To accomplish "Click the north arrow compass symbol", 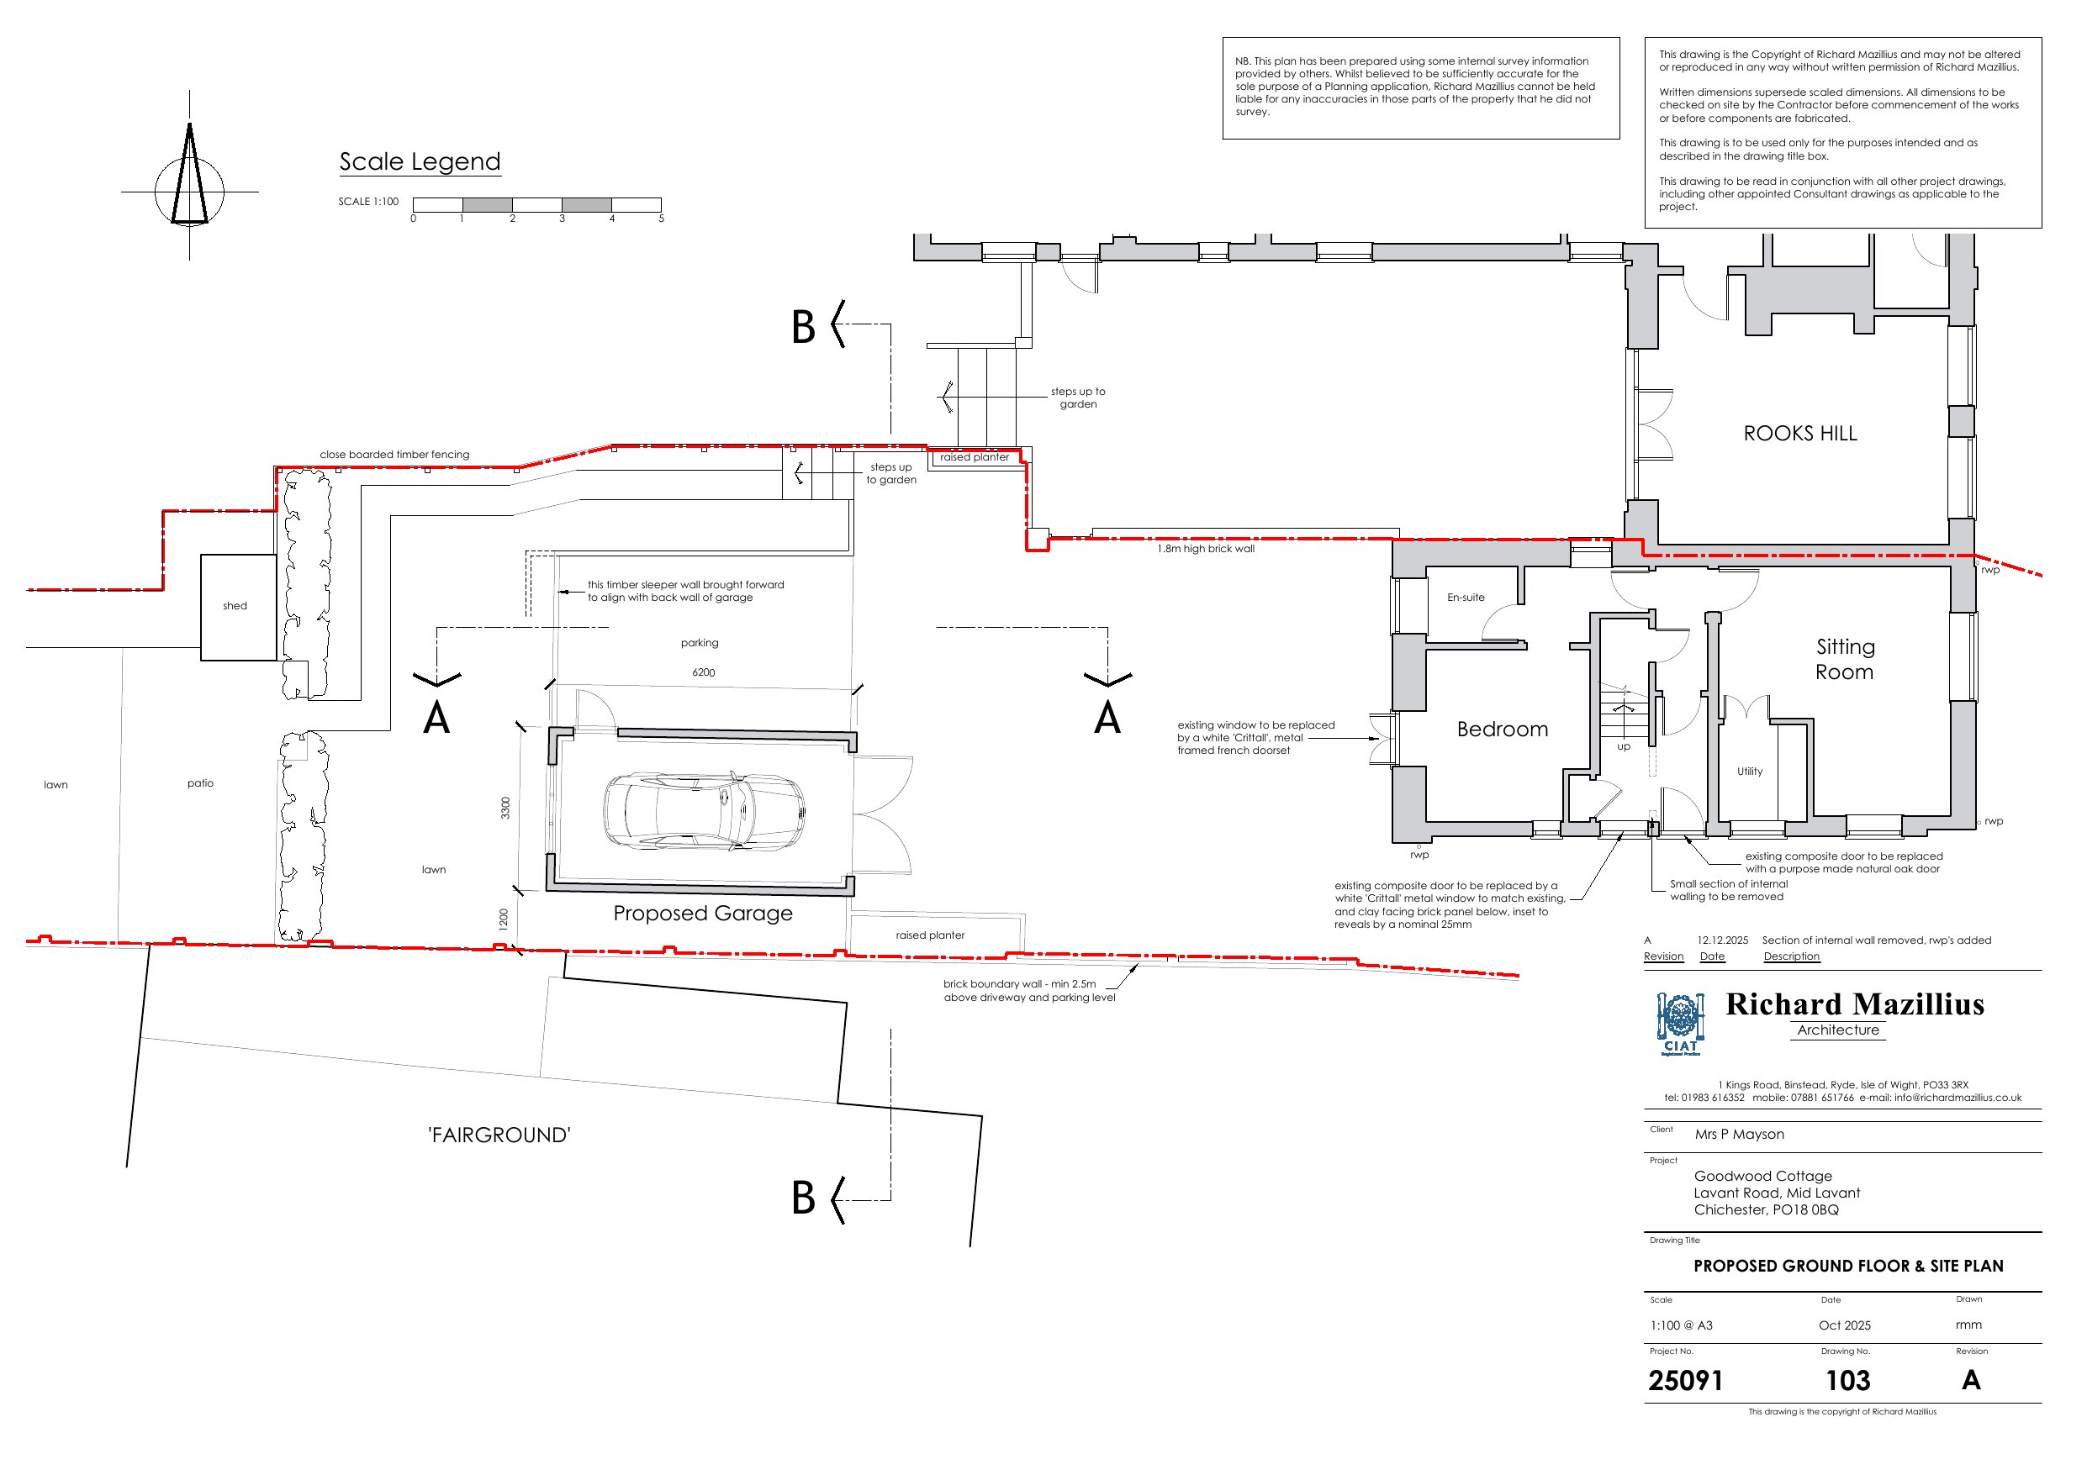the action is pyautogui.click(x=189, y=176).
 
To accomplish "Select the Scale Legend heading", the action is pyautogui.click(x=420, y=161).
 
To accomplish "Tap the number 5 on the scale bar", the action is pyautogui.click(x=662, y=219).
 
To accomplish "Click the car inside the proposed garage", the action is pyautogui.click(x=704, y=811).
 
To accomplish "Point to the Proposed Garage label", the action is pyautogui.click(x=703, y=914).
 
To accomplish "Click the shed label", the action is pyautogui.click(x=235, y=606).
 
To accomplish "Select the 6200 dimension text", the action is pyautogui.click(x=704, y=672).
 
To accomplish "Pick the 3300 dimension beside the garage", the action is pyautogui.click(x=506, y=808).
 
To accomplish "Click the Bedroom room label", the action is pyautogui.click(x=1503, y=729).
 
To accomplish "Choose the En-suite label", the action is pyautogui.click(x=1466, y=597).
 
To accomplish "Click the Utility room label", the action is pyautogui.click(x=1750, y=772).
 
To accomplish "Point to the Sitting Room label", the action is pyautogui.click(x=1845, y=659).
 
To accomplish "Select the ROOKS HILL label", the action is pyautogui.click(x=1799, y=434).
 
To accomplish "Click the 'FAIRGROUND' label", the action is pyautogui.click(x=499, y=1135).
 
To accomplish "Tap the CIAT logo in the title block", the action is pyautogui.click(x=1680, y=1025).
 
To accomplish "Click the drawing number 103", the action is pyautogui.click(x=1848, y=1382).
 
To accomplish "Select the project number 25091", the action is pyautogui.click(x=1685, y=1382).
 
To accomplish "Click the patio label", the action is pyautogui.click(x=201, y=783).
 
